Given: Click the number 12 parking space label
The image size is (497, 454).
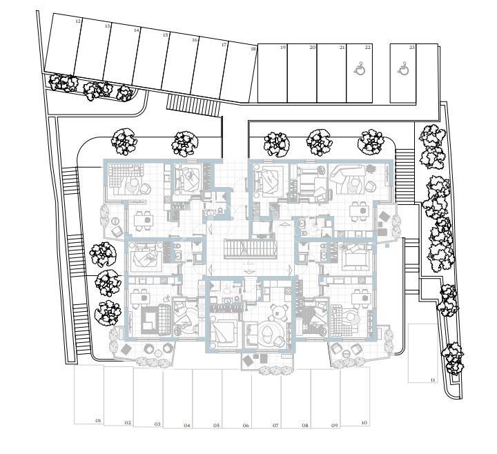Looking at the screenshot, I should tap(78, 22).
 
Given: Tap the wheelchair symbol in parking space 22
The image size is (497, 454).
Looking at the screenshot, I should tap(359, 68).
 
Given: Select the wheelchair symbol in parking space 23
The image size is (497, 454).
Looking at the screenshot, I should tap(404, 68).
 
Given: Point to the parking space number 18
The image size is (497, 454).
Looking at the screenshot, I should tap(253, 49).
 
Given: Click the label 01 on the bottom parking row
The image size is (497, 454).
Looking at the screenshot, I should tap(98, 420).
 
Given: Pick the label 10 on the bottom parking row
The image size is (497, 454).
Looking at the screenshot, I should tap(364, 422).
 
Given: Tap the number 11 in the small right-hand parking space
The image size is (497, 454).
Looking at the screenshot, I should tap(433, 380).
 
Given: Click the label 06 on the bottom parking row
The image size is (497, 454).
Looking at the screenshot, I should tap(246, 426).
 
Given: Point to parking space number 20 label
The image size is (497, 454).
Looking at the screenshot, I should tap(313, 48).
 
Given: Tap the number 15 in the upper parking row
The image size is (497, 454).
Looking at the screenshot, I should tap(166, 35).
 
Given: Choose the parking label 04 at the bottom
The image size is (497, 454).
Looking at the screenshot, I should tap(187, 426).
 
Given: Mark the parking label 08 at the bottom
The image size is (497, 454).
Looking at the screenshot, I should tap(304, 426).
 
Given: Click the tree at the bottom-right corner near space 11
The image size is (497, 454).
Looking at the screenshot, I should tap(454, 358).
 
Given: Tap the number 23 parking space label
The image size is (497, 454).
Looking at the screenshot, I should tap(412, 48).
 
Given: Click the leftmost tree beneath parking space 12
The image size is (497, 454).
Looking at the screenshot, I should tap(64, 83).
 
